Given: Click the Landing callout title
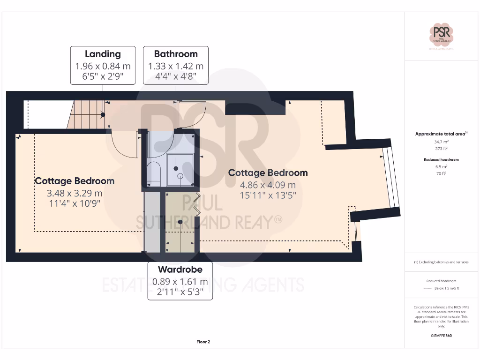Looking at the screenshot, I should [103, 54].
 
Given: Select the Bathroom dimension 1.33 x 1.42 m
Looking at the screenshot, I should [176, 67].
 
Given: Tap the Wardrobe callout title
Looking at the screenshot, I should [180, 270].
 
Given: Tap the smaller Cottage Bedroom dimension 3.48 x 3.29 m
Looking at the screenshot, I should [75, 193].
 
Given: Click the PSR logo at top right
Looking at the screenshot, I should [441, 34].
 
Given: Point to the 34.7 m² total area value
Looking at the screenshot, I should [441, 141].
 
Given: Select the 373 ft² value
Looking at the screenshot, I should [441, 149].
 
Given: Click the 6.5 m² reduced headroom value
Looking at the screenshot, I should [441, 166].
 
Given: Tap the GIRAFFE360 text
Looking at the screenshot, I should [441, 336].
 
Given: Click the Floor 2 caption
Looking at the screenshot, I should [203, 342].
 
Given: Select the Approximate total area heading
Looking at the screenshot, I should [441, 134].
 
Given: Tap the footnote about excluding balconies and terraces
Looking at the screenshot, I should [441, 262].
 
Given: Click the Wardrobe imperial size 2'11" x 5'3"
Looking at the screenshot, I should [180, 291].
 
